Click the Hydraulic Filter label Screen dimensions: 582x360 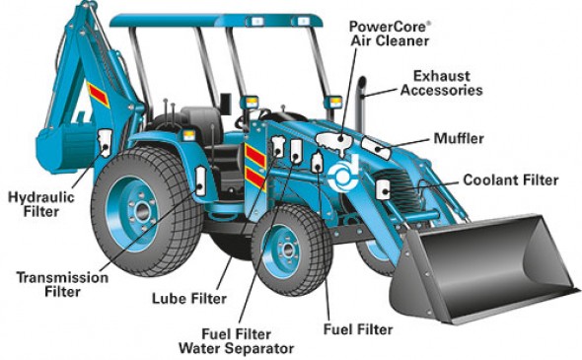click(41, 204)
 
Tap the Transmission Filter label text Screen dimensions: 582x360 click(62, 284)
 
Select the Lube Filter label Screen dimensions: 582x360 click(189, 299)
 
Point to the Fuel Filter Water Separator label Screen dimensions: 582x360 click(237, 341)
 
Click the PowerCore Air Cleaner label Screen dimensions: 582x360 click(390, 34)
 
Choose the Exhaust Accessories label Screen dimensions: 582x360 click(441, 83)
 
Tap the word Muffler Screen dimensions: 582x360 click(459, 138)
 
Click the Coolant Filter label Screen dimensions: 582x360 click(511, 180)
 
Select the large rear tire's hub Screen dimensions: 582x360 click(141, 212)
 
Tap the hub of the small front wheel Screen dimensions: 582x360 click(286, 250)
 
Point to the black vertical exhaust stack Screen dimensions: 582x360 click(361, 104)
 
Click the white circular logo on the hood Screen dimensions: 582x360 click(344, 173)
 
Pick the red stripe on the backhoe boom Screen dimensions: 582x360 click(98, 95)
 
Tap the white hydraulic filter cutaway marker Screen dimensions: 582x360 click(104, 142)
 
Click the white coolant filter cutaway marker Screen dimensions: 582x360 click(383, 190)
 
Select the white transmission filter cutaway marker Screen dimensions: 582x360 click(200, 181)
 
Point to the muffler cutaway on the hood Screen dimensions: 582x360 click(376, 148)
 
